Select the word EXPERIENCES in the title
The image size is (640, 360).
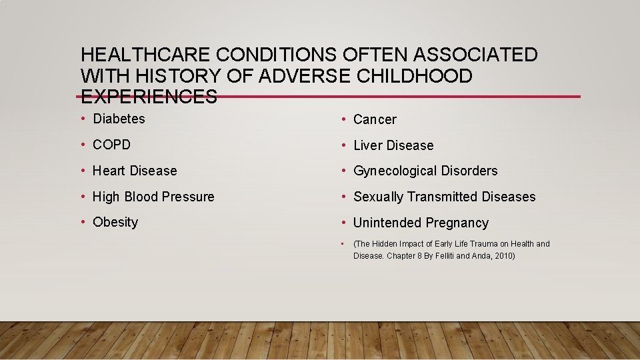click(149, 97)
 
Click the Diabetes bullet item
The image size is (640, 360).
click(119, 119)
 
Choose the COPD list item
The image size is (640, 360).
click(111, 145)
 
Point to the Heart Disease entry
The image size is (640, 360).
click(135, 171)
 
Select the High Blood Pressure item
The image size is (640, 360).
click(153, 197)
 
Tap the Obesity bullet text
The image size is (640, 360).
click(115, 222)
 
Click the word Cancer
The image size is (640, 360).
click(375, 119)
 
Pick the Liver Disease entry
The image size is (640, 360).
click(393, 145)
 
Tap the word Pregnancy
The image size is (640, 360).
click(458, 223)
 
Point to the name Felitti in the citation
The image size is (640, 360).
click(450, 256)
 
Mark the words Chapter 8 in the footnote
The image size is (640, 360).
click(407, 256)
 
